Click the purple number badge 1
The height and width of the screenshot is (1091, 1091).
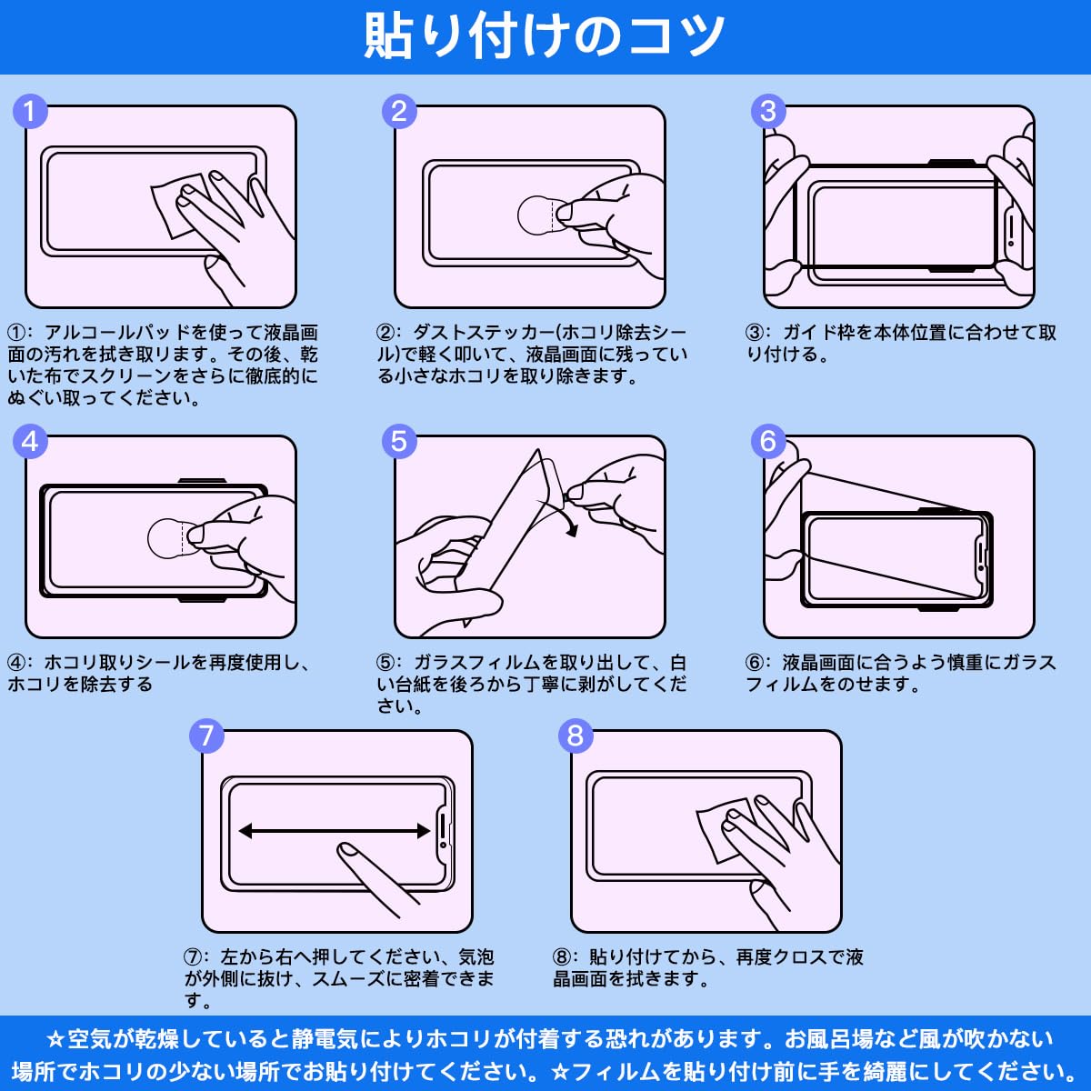coord(30,112)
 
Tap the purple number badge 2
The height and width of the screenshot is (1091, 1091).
coord(399,112)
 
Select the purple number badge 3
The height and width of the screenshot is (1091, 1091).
coord(768,112)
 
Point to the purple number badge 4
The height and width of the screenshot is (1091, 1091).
coord(30,442)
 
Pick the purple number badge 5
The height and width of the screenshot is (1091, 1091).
coord(399,442)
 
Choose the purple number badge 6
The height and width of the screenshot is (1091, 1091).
coord(768,442)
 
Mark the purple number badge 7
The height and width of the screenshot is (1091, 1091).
coord(206,736)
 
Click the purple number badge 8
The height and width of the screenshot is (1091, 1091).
coord(576,736)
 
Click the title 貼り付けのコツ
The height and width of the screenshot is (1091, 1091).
coord(544,35)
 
